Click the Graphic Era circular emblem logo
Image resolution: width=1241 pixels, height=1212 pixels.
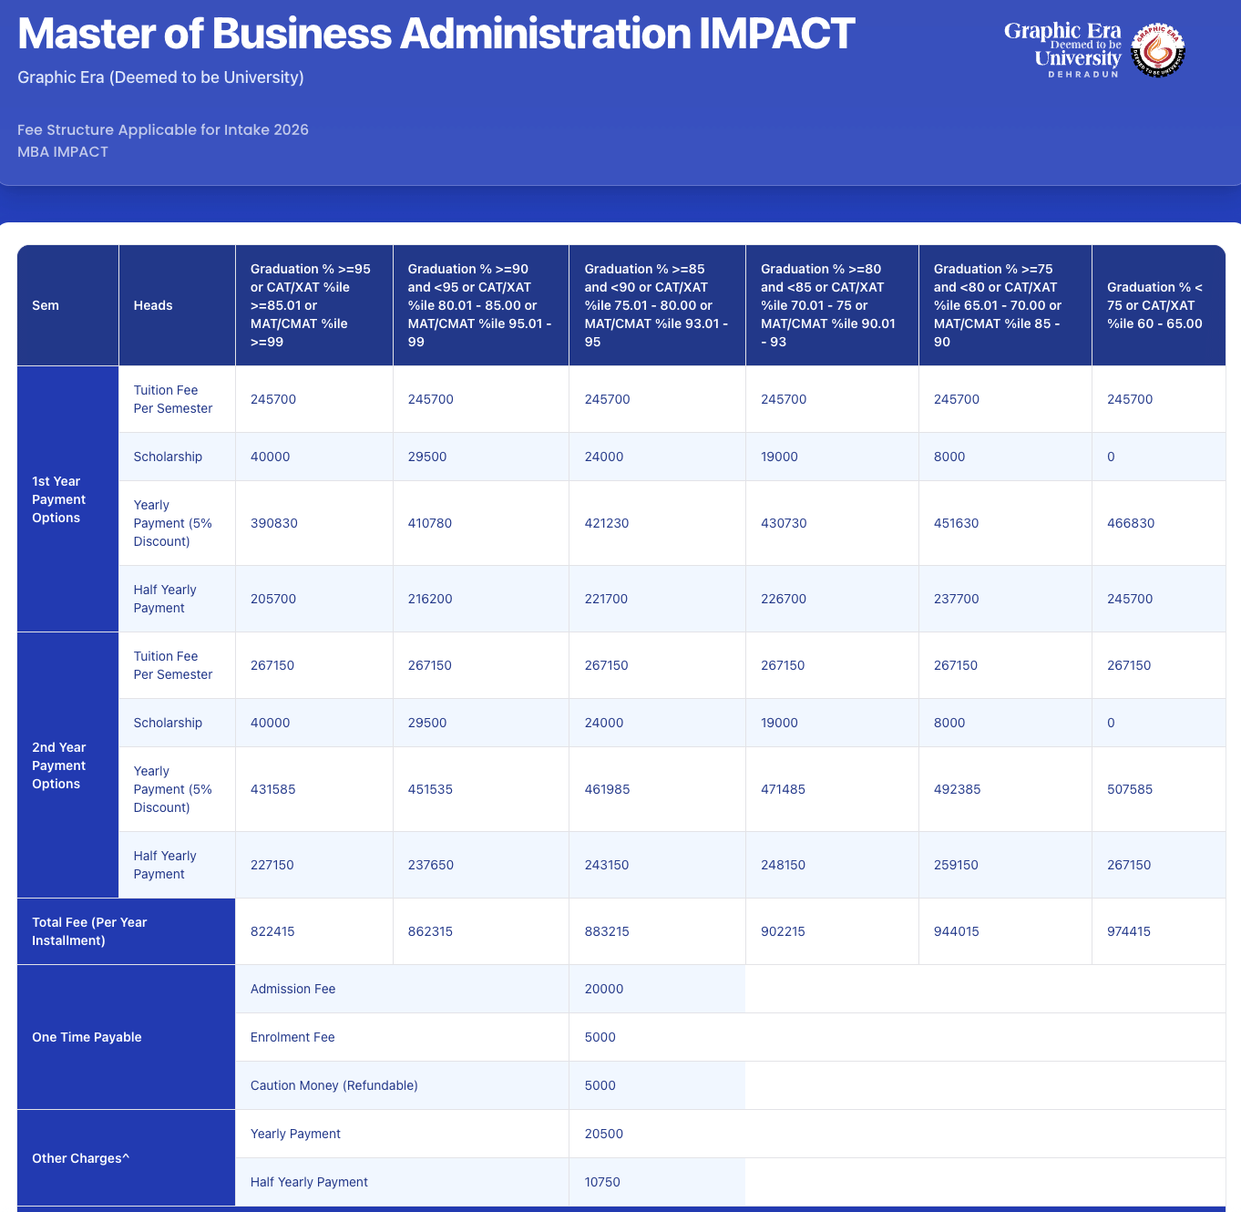click(x=1158, y=50)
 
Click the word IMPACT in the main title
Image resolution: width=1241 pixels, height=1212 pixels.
click(x=776, y=34)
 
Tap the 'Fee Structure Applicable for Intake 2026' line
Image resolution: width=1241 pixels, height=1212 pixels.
click(x=163, y=129)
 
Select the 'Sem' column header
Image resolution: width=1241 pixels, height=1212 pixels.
click(x=46, y=305)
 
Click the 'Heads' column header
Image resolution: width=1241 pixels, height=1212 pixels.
click(x=153, y=305)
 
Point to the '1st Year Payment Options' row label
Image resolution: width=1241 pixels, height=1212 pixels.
click(x=58, y=499)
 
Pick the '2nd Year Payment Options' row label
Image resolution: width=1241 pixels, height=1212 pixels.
click(x=58, y=765)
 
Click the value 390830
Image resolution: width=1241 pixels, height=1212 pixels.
click(x=274, y=523)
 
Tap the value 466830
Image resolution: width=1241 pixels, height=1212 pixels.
click(x=1131, y=523)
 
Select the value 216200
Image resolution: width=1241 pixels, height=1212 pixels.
click(x=430, y=599)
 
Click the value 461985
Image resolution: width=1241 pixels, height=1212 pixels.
click(x=607, y=789)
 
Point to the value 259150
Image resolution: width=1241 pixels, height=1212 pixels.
click(x=956, y=865)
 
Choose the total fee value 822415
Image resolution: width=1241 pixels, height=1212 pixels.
click(x=272, y=931)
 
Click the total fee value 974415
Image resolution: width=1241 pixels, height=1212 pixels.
click(x=1129, y=931)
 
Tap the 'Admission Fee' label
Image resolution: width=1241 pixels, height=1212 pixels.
click(x=292, y=989)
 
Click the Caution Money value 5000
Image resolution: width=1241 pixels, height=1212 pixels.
click(x=600, y=1085)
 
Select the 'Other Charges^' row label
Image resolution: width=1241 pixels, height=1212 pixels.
click(x=81, y=1158)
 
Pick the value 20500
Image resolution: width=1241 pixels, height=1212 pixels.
click(x=604, y=1134)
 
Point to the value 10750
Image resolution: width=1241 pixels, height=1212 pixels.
click(x=602, y=1182)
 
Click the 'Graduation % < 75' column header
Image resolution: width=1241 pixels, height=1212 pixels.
click(x=1154, y=305)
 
